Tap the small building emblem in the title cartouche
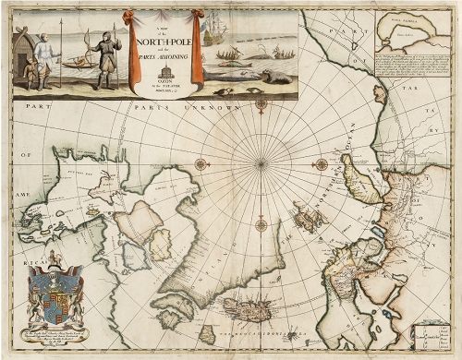tap(164, 70)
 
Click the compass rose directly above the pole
tap(261, 102)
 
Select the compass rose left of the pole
tap(200, 164)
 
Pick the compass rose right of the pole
tap(321, 164)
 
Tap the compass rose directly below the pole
tap(261, 222)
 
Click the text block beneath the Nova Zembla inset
tap(412, 76)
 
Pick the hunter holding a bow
tap(109, 57)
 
